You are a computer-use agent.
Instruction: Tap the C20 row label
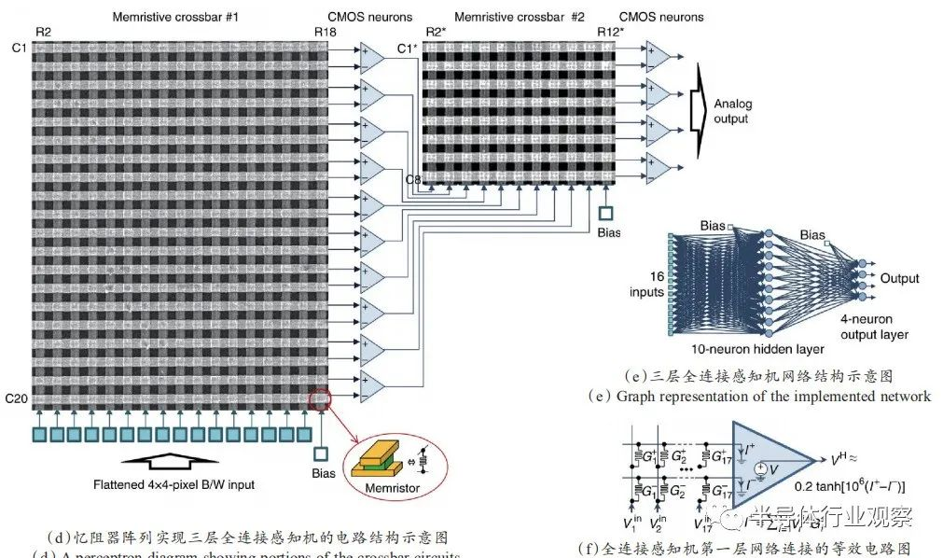point(16,399)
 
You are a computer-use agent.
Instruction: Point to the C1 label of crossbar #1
point(13,48)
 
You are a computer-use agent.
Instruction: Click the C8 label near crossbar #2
point(411,177)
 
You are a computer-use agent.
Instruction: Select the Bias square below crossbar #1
point(321,454)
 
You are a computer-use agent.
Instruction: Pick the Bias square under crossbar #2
point(607,214)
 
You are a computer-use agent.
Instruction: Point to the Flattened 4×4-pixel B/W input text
point(173,484)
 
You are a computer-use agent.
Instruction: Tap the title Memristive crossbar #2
point(520,17)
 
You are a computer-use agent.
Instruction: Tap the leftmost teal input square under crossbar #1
point(40,435)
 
